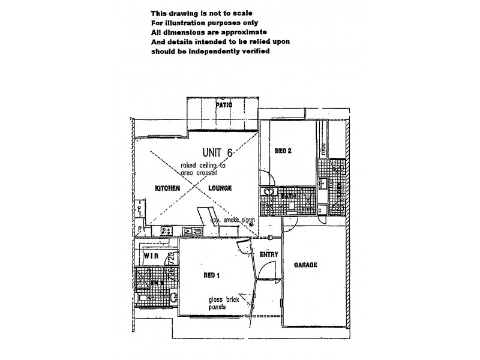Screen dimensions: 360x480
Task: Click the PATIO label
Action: pos(224,105)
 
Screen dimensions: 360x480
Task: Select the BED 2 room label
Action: pos(283,151)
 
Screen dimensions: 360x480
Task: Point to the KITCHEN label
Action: pos(167,188)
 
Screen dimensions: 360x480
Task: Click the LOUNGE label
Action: pos(220,188)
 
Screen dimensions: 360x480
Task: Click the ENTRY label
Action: pos(268,254)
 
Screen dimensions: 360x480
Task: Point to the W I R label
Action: pos(151,256)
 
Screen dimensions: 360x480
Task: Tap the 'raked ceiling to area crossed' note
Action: pos(205,168)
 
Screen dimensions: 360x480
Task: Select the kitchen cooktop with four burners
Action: pos(166,230)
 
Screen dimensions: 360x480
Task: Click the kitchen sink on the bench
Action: pos(190,230)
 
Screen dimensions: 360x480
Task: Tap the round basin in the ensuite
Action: pos(173,296)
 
